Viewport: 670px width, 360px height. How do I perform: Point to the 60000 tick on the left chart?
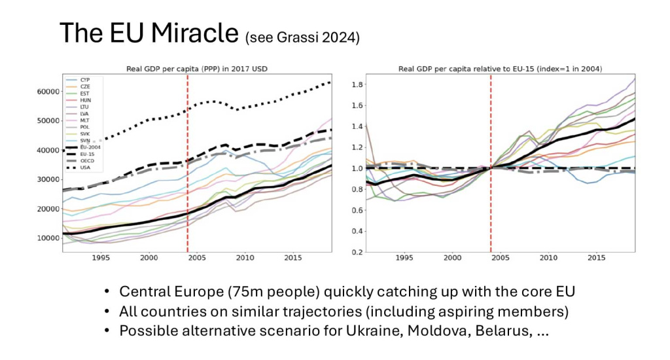48,92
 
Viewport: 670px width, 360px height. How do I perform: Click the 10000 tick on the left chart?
48,238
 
